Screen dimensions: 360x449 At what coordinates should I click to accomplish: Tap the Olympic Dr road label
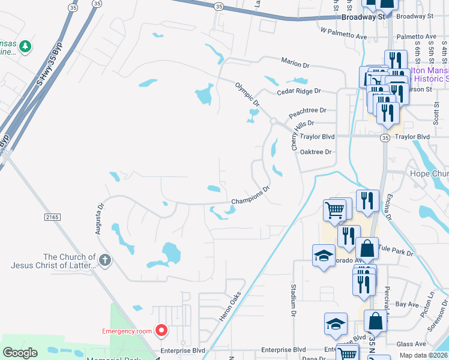(247, 95)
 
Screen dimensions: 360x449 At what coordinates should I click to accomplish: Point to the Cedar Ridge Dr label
(299, 91)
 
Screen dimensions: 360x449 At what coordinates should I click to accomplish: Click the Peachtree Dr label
(307, 110)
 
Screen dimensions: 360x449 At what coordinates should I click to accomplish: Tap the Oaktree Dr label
(316, 152)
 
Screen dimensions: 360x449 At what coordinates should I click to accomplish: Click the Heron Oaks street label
(229, 306)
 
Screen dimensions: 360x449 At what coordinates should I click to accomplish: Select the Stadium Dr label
(294, 300)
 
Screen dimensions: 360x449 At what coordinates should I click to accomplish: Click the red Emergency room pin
(161, 330)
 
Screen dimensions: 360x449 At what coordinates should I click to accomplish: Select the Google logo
(20, 353)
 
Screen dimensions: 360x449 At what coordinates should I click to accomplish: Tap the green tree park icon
(25, 46)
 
